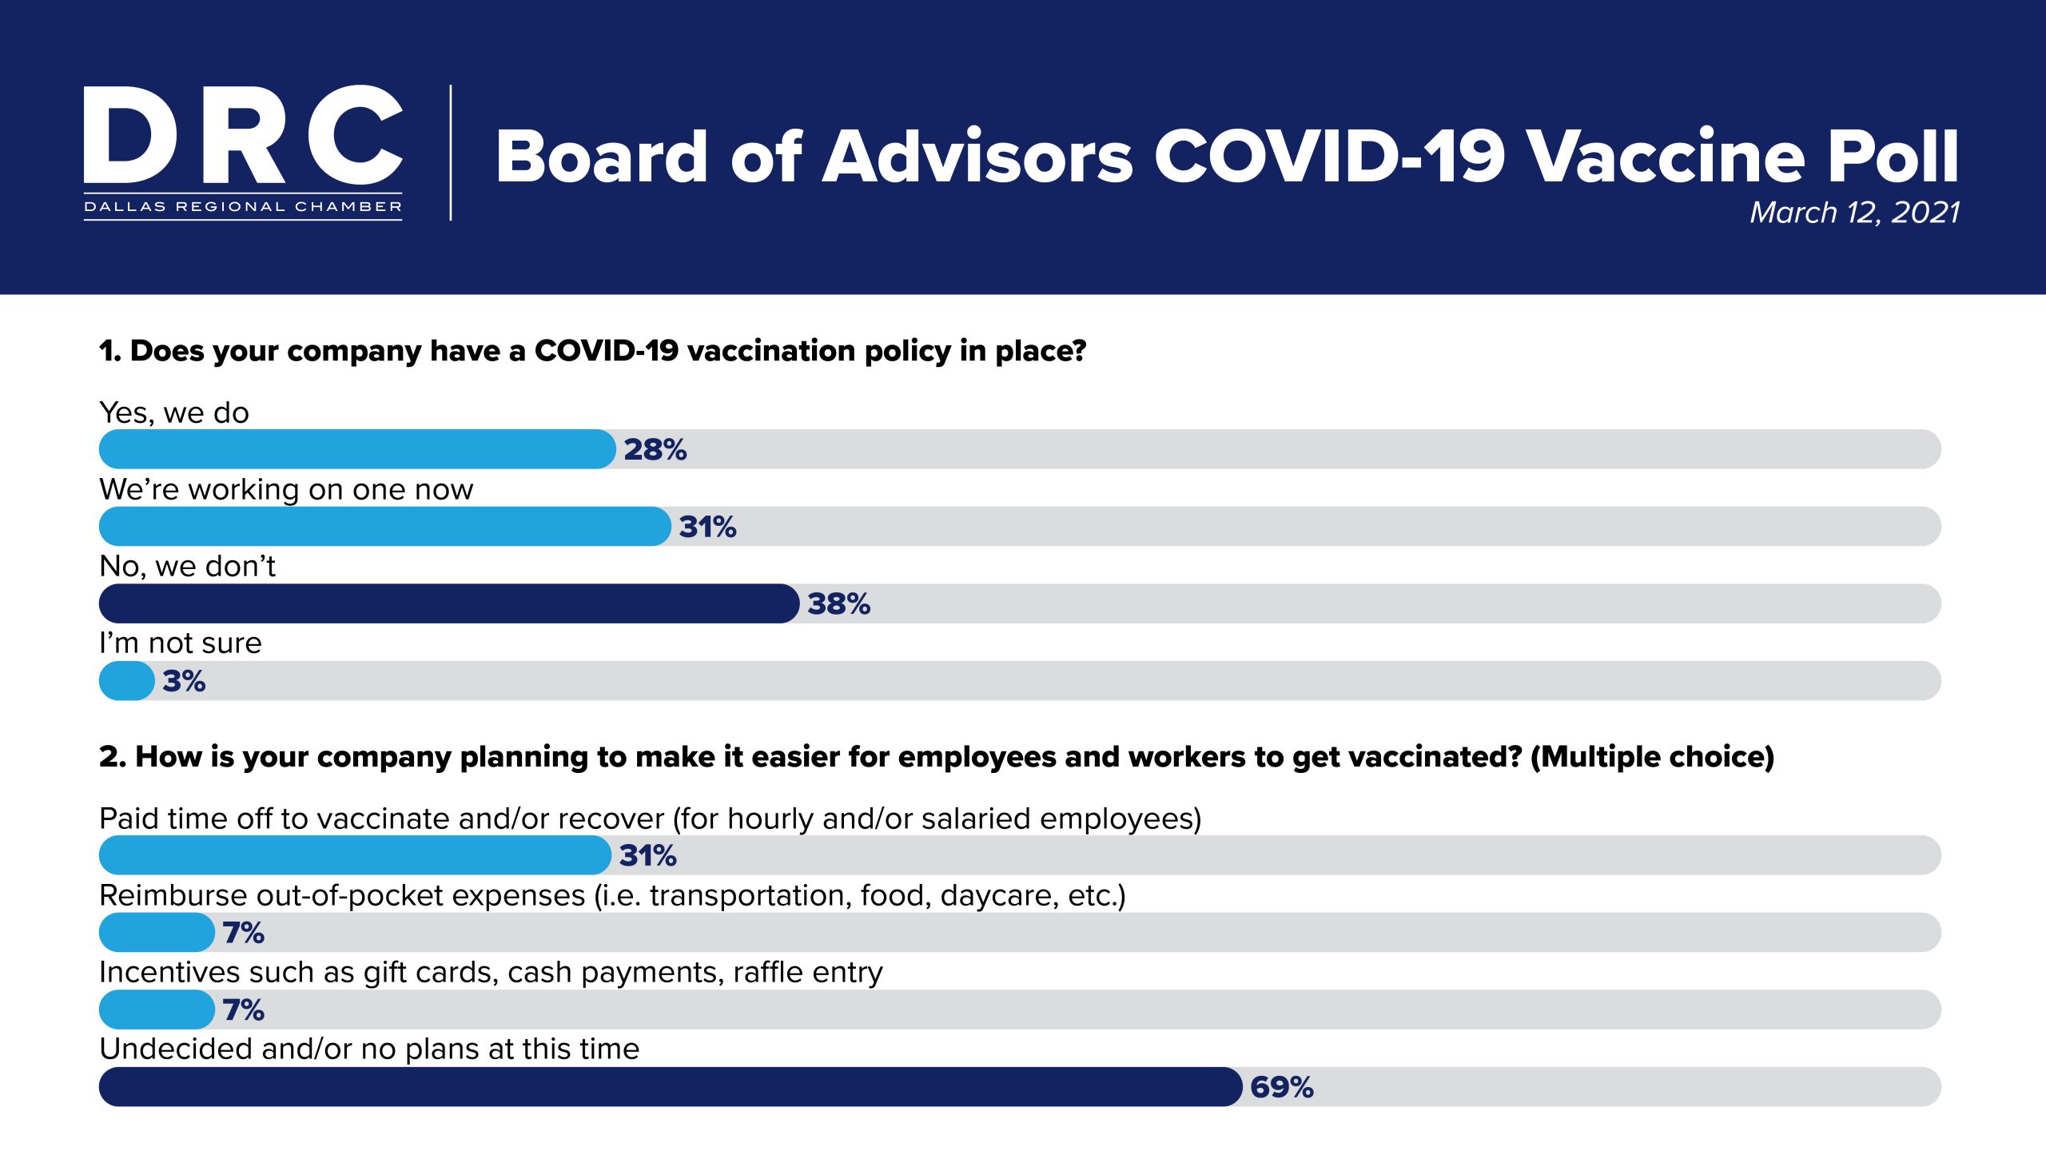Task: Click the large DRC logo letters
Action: [243, 136]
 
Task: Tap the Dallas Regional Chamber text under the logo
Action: [243, 207]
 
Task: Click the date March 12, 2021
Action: [1854, 213]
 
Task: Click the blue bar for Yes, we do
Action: [356, 449]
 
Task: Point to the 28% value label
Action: [655, 450]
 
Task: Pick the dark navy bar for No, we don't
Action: [448, 603]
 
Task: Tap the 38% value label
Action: [838, 604]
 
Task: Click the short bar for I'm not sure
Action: [126, 681]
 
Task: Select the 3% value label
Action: [184, 682]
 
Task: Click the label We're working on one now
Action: [286, 489]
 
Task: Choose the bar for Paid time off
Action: [354, 855]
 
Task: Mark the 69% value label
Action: [1281, 1088]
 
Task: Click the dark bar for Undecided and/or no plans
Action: [670, 1087]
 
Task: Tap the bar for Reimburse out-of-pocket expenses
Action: [157, 933]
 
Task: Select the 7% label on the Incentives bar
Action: [243, 1010]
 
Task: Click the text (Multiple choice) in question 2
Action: [1652, 757]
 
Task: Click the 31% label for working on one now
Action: [707, 528]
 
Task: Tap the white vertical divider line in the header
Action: [451, 152]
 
